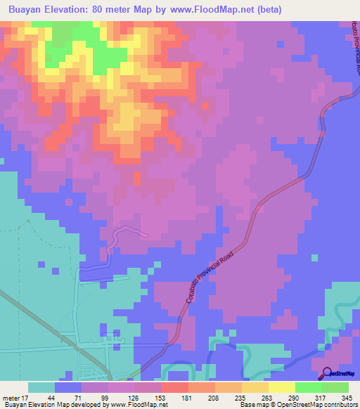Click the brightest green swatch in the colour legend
click(x=309, y=387)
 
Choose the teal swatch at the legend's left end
click(x=41, y=387)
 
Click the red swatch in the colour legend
click(x=175, y=387)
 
